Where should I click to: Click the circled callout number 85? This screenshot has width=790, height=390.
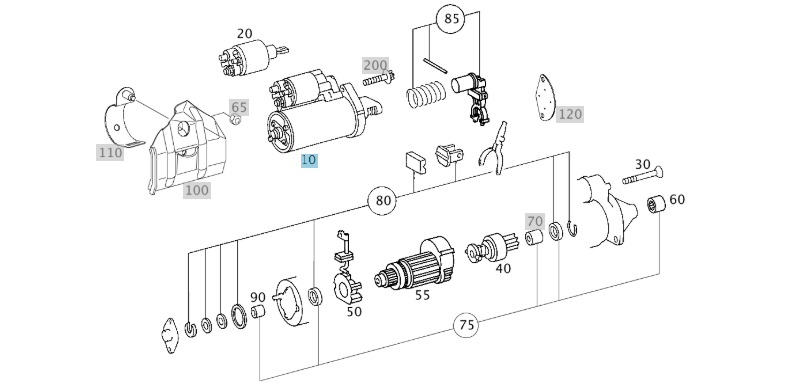click(x=451, y=19)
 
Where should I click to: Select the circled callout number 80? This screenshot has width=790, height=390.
click(x=383, y=201)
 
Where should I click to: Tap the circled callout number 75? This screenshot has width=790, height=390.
click(x=467, y=325)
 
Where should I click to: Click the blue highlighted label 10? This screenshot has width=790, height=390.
click(x=309, y=160)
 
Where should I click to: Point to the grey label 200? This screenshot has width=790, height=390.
click(x=375, y=65)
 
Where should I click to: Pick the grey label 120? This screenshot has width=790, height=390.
click(x=570, y=114)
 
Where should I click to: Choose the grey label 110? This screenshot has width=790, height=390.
click(x=110, y=152)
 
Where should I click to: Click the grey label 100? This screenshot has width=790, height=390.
click(x=196, y=190)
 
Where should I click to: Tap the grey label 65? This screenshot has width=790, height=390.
click(x=239, y=107)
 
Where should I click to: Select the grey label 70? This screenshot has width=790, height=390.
click(x=535, y=221)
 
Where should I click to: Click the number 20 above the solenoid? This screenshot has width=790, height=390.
click(x=244, y=34)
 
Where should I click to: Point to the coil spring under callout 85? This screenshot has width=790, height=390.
click(x=426, y=94)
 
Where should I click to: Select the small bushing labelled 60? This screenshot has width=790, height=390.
click(x=656, y=204)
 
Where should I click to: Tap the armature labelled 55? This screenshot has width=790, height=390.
click(x=415, y=264)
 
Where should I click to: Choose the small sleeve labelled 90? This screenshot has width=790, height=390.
click(x=258, y=311)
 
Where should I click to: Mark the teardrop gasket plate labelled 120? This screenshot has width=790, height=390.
click(x=545, y=98)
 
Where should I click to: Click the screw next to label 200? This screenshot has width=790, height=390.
click(x=378, y=79)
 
